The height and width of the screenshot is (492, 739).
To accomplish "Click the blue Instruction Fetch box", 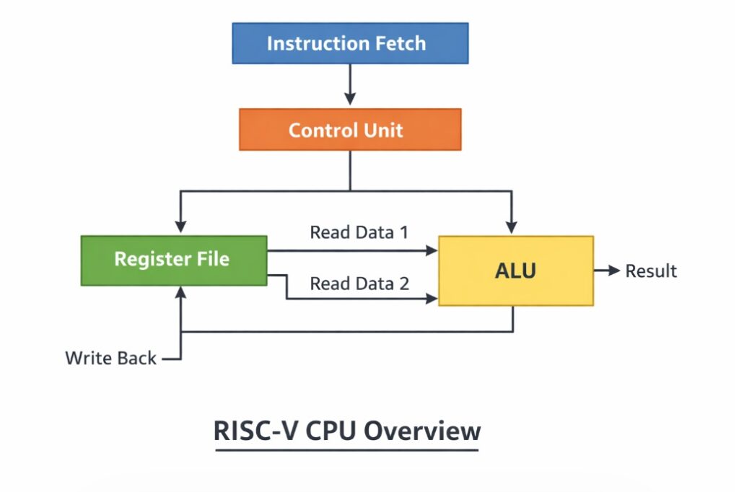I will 350,43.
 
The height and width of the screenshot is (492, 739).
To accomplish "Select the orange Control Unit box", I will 350,130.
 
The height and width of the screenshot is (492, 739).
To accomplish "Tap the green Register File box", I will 173,260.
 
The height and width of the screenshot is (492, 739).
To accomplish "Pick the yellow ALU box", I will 515,271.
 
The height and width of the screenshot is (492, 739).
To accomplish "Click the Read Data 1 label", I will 359,232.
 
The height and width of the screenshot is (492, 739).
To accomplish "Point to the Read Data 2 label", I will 359,284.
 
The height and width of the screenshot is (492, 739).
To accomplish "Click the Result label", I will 650,271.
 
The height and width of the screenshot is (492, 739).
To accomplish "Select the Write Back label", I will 110,358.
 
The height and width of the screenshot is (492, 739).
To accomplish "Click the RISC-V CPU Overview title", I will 346,431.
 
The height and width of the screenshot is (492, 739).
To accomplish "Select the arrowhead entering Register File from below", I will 180,292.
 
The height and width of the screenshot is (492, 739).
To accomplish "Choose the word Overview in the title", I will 421,431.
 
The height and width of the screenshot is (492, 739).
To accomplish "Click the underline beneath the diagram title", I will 346,450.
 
